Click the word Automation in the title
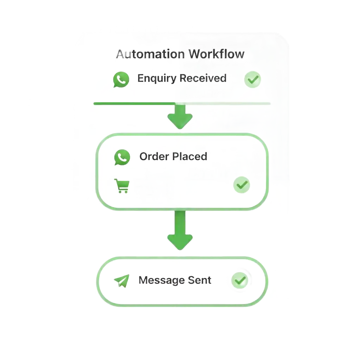click(150, 54)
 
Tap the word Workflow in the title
click(216, 54)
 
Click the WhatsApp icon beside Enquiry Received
click(121, 80)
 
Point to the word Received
click(204, 78)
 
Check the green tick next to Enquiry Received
click(253, 79)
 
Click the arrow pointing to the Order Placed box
click(180, 116)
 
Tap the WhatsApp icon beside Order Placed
click(122, 157)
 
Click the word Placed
click(190, 156)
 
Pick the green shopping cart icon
click(122, 186)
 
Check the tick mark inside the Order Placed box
click(242, 185)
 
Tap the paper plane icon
click(121, 281)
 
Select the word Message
click(161, 280)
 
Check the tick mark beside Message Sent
click(240, 280)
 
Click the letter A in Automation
click(120, 54)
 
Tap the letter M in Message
click(143, 280)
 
